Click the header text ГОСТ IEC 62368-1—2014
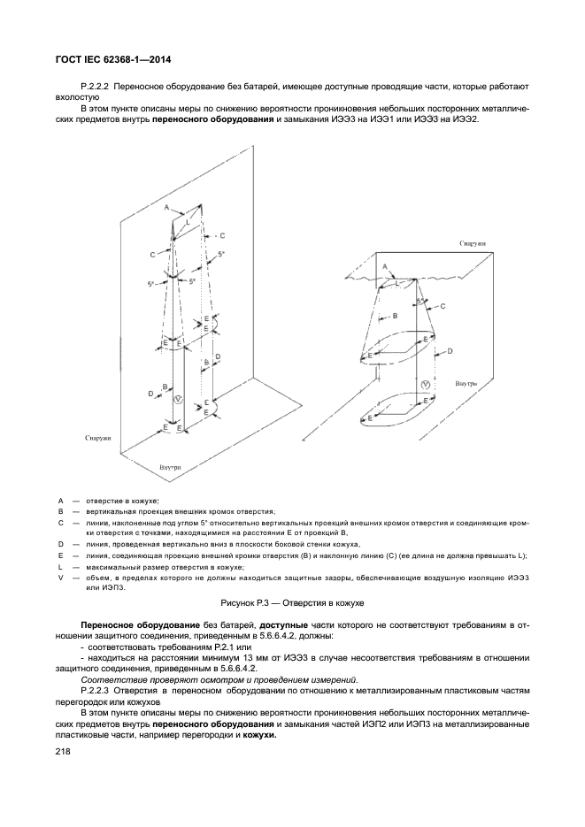click(x=107, y=60)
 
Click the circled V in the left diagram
click(x=178, y=400)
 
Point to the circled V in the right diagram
click(x=426, y=385)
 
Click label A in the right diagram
click(x=384, y=265)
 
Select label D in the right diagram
click(x=450, y=351)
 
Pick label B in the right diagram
click(x=395, y=315)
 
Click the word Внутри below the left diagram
click(x=171, y=465)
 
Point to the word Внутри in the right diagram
click(x=466, y=384)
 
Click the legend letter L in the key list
click(x=60, y=565)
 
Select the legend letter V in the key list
click(x=60, y=577)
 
